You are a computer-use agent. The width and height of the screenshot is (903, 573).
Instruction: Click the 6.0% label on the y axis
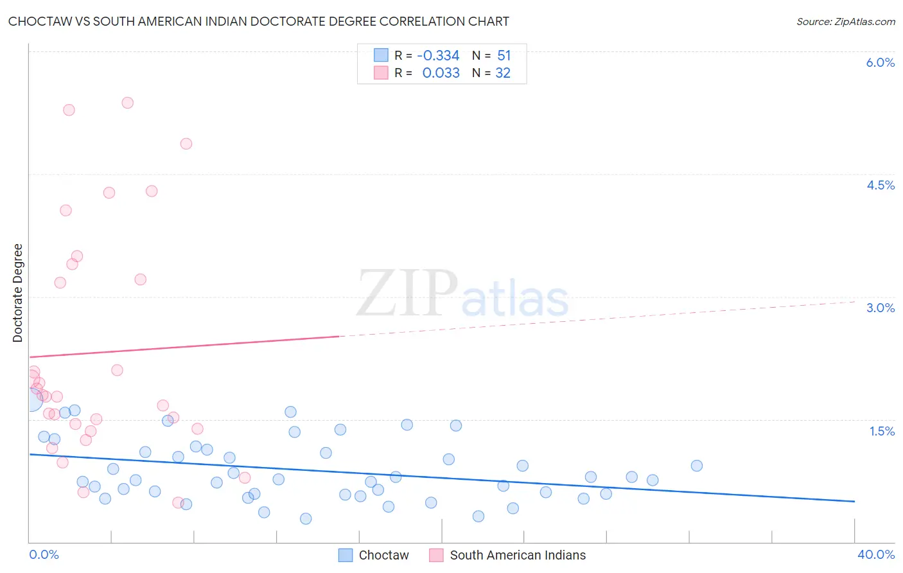(880, 62)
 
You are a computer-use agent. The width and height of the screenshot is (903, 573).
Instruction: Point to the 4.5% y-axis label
(880, 185)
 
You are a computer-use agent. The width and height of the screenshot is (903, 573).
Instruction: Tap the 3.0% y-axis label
(880, 308)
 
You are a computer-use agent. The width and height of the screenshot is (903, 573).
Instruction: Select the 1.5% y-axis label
(882, 431)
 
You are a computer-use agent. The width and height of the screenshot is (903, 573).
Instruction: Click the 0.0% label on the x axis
(44, 554)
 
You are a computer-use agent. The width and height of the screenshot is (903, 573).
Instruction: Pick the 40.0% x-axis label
(875, 554)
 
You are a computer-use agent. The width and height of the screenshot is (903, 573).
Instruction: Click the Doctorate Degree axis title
(17, 293)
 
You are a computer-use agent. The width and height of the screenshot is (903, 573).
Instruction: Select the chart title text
(258, 21)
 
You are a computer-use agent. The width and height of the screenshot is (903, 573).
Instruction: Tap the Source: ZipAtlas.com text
(845, 21)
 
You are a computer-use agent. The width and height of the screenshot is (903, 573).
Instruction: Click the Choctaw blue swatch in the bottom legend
(346, 555)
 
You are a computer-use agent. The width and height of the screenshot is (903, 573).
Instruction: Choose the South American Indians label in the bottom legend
(518, 555)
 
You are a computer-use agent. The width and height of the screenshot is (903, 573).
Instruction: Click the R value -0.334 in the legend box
(438, 55)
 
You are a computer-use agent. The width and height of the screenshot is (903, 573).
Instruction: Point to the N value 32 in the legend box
(502, 73)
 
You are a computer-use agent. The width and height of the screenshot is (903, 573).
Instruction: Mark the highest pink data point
(127, 103)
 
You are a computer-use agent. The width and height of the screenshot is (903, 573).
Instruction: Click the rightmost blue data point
(697, 466)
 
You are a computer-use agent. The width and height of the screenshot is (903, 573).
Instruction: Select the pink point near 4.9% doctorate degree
(186, 144)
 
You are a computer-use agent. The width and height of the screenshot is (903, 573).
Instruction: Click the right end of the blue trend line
(854, 501)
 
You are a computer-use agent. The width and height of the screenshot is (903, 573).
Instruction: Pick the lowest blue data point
(306, 518)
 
